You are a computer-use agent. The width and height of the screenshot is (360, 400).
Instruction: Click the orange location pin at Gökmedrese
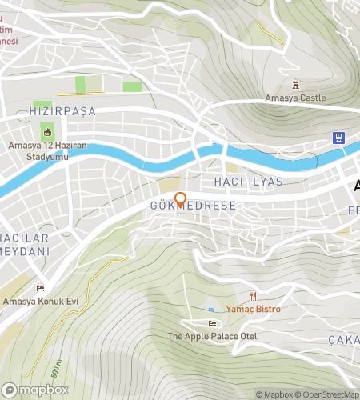coord(181,200)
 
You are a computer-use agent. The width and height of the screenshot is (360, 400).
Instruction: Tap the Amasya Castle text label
coord(296,98)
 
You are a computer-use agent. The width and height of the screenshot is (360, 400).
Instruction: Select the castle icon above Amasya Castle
coord(296,84)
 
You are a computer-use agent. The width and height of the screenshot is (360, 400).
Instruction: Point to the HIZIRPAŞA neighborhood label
coord(62,110)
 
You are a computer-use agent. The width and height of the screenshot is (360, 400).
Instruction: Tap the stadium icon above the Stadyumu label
coord(47,132)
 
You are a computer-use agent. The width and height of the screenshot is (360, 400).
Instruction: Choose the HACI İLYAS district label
coord(248,182)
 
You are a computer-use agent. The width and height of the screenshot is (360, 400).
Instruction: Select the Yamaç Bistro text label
coord(258,308)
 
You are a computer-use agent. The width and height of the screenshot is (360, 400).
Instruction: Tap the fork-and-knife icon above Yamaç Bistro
coord(257,295)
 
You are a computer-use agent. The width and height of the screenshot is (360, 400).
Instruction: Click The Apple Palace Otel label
coord(211,336)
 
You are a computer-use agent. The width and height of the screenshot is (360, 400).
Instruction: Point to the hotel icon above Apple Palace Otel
coord(211,323)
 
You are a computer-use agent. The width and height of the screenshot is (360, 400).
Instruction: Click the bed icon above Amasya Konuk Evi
coord(40,287)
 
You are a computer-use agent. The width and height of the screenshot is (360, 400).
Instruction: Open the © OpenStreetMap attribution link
coord(328,394)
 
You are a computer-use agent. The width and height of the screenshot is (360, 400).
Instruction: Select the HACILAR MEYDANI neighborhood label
coord(24,244)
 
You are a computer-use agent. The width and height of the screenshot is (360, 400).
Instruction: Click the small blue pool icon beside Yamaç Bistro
coord(211,310)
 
